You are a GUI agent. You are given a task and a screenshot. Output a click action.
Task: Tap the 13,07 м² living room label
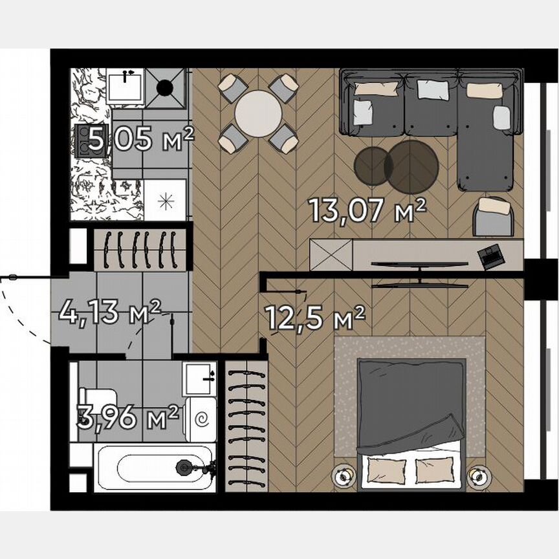coord(367,210)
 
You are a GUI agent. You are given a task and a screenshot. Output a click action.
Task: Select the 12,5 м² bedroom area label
coord(315,318)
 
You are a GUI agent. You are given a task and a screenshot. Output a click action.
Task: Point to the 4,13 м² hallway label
coord(109,312)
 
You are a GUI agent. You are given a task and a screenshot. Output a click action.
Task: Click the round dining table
coord(257,113)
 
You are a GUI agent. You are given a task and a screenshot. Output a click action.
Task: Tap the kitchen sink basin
coord(125,86)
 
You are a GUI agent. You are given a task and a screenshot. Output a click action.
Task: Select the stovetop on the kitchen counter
coord(85,137)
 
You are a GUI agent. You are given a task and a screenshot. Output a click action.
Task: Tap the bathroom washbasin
coord(200,378)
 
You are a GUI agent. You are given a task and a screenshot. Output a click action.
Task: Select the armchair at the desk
coord(494,217)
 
